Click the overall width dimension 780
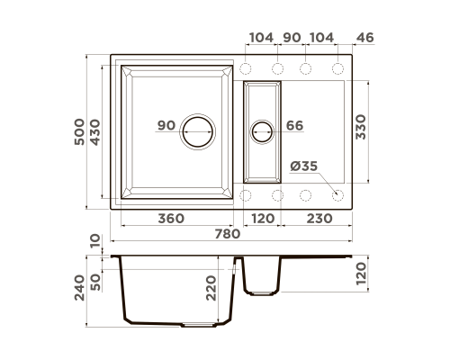coord(228,234)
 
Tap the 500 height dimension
coord(79,132)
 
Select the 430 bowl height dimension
coord(95,132)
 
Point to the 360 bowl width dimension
coord(171,219)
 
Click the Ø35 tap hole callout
coord(303,166)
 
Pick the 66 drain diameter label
coord(294,126)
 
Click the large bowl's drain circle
coord(198,131)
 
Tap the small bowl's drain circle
coord(262,131)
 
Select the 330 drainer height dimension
coord(361,127)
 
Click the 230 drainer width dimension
coord(319,219)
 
